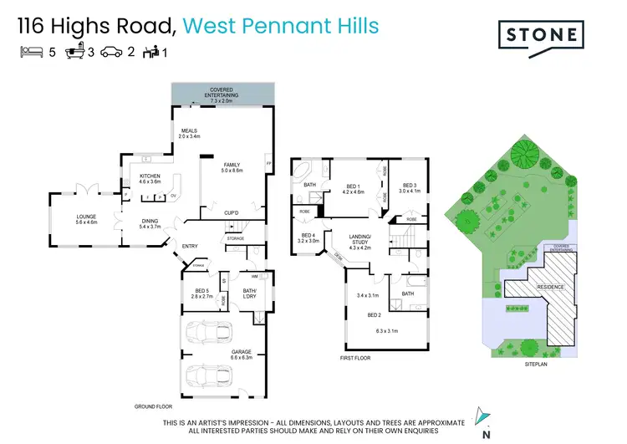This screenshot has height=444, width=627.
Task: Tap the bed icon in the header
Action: [x=30, y=51]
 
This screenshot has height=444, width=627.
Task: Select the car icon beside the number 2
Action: [x=111, y=51]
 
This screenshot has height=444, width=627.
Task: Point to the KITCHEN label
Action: [x=150, y=176]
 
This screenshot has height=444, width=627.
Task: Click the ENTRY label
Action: [x=191, y=245]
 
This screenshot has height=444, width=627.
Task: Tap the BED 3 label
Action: [x=409, y=187]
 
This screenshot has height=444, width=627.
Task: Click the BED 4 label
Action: [x=308, y=237]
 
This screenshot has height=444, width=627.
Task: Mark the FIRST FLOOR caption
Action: [x=355, y=358]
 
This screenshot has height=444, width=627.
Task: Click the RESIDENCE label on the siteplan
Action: [x=550, y=288]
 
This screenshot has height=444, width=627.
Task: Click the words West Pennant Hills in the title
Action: [x=281, y=26]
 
